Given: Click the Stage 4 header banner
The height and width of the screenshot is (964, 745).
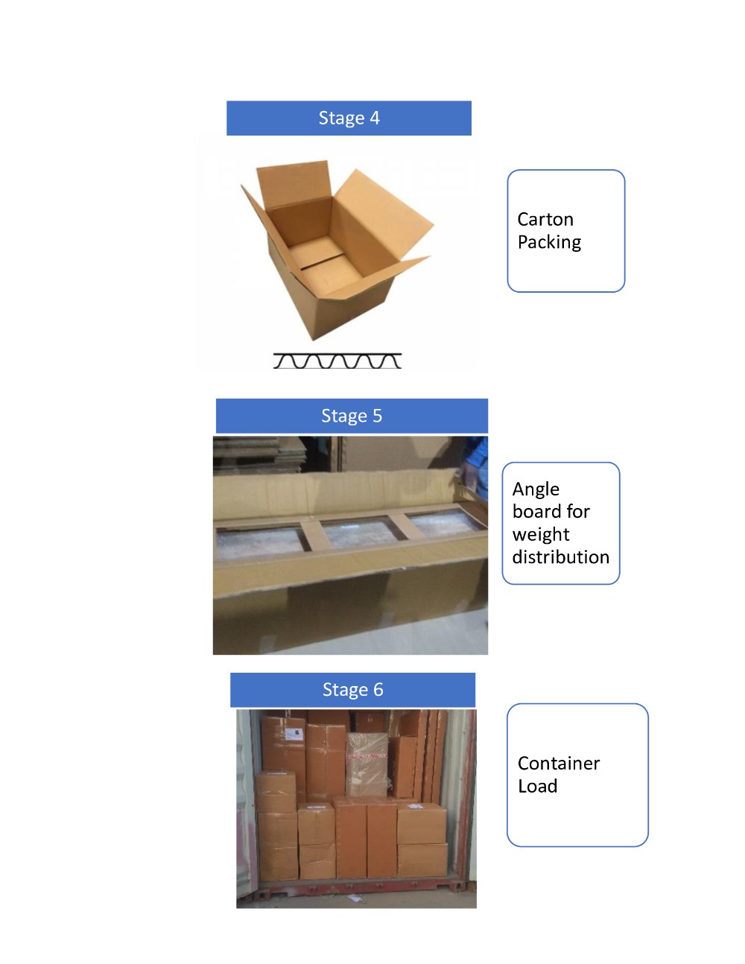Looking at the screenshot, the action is pos(349,118).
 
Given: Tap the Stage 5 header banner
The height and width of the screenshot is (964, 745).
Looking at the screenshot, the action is pos(352,416).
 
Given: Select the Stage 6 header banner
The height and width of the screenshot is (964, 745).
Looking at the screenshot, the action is pos(352,689).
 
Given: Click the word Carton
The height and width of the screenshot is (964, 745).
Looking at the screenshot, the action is pos(545,219).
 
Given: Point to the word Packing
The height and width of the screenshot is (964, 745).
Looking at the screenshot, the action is pos(549,243).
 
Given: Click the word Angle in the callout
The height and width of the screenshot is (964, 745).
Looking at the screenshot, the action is pos(536,489).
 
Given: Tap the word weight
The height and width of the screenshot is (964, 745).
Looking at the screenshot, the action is pos(541,535).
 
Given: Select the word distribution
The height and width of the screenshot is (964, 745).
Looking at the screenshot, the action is pos(560,556).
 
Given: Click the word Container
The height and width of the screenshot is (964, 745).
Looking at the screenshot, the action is pos(558,764).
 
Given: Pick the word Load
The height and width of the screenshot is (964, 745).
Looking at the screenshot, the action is pos(537,786).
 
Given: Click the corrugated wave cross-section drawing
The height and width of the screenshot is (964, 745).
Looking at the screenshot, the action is pos(337,361).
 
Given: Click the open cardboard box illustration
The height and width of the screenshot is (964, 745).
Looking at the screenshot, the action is pos(337,250).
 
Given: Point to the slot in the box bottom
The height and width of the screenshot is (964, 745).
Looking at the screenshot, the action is pos(323,261).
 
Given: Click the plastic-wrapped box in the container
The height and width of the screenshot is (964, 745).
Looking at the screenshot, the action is pos(367,764).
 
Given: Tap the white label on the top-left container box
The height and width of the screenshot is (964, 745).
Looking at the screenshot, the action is pos(294,734).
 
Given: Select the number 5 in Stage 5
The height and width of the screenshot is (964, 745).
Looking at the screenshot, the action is pos(377,416).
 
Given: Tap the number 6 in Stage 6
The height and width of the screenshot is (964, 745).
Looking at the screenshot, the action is pos(378,690).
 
